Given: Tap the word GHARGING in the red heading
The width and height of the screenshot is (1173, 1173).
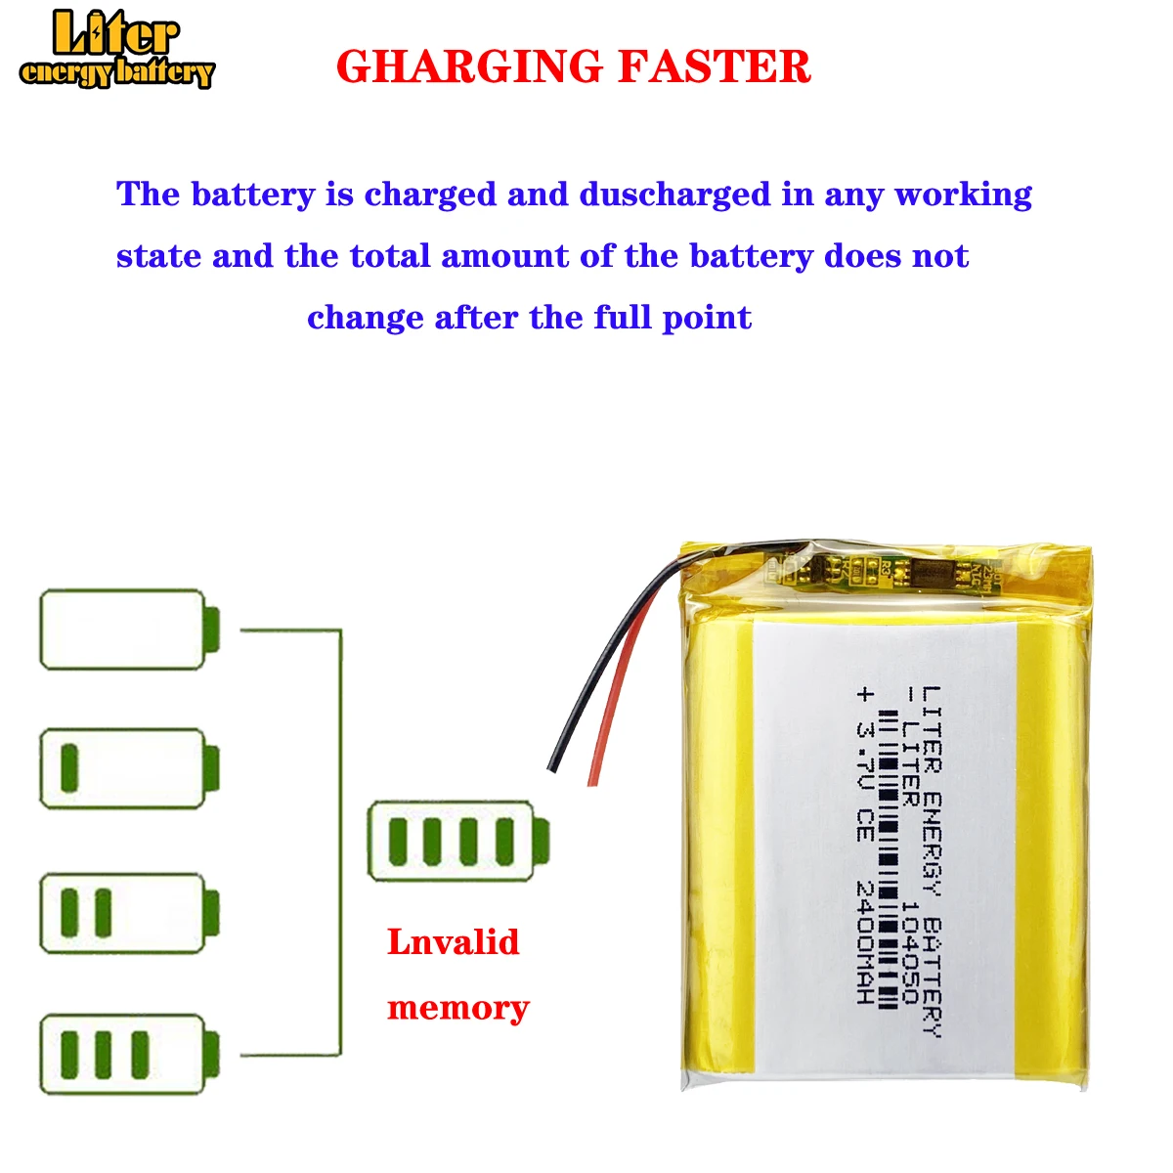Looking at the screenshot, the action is click(x=470, y=67).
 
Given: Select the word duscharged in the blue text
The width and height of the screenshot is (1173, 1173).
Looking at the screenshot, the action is click(x=674, y=195).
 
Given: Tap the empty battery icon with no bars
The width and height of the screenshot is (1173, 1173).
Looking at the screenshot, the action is click(x=128, y=630).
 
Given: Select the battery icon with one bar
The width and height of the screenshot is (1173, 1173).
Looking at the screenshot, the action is click(x=128, y=768).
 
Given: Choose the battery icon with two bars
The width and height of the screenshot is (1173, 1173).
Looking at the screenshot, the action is click(x=128, y=913).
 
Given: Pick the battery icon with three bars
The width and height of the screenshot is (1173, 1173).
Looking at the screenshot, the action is click(x=128, y=1056).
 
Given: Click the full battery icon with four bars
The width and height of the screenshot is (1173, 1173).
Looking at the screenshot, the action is click(x=457, y=842).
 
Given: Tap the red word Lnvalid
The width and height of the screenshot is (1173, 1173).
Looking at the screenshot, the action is click(x=454, y=942).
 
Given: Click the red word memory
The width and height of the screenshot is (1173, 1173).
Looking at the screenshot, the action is click(x=457, y=1008).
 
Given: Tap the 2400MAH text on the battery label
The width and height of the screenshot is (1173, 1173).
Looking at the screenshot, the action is click(x=864, y=942).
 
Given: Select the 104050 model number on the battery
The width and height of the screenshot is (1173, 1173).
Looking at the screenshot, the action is click(x=909, y=953).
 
